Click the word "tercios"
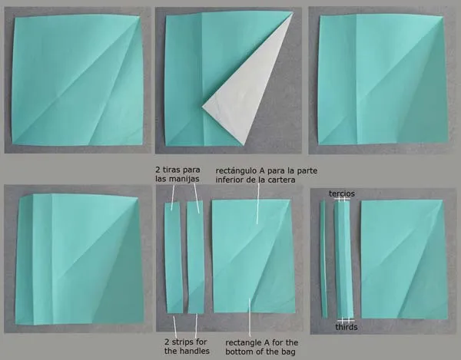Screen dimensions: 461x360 [x=342, y=193]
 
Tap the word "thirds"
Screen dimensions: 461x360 [x=347, y=327]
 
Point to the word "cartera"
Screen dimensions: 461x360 [x=283, y=180]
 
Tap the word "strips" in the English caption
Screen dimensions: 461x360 [x=183, y=342]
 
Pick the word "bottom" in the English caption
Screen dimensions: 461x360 [x=238, y=352]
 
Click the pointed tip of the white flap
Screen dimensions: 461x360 [x=202, y=107]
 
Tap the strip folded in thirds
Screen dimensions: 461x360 [x=343, y=259]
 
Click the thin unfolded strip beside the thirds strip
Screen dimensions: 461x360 [x=323, y=259]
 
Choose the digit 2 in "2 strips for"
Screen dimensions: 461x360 [x=167, y=342]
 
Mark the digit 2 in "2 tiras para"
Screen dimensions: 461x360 [x=158, y=170]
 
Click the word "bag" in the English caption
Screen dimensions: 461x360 [x=290, y=352]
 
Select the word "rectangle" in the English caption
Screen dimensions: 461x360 [x=243, y=343]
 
